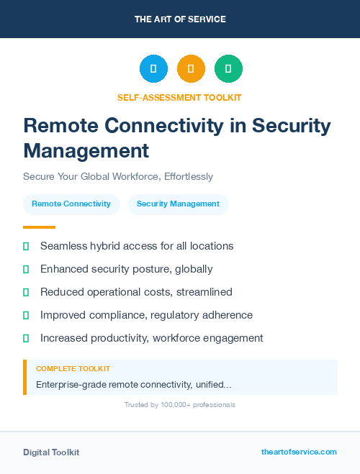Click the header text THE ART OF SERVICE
point(180,19)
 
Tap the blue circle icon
point(153,69)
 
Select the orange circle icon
point(191,69)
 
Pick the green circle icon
point(228,69)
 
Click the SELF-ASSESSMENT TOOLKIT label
point(180,97)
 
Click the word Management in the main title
point(86,151)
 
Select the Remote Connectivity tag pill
point(71,204)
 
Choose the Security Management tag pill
point(178,204)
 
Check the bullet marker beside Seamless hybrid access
point(26,246)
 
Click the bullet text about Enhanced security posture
point(126,269)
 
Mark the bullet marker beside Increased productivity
point(26,338)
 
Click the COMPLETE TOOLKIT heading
point(73,368)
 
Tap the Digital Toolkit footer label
point(51,452)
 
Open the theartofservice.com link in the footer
point(299,452)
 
